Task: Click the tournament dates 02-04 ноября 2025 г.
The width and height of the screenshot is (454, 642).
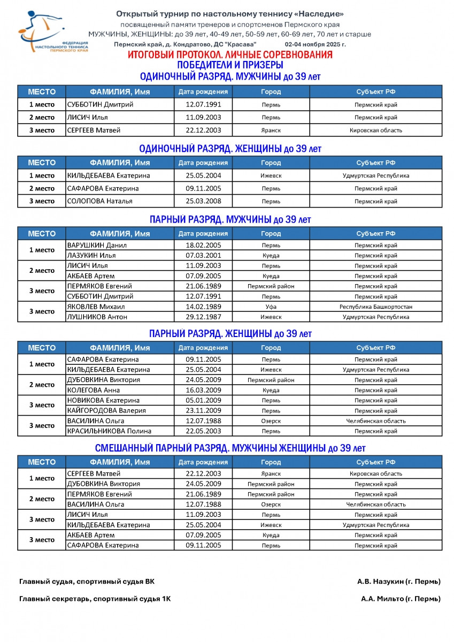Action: coord(315,44)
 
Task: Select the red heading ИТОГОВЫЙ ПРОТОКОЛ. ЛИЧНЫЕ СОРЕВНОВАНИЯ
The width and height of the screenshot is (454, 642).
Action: coord(230,55)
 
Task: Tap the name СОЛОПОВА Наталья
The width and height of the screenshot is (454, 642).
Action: coord(100,201)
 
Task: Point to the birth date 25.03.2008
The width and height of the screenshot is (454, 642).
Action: coord(203,201)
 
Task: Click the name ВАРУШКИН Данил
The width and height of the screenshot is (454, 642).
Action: coord(97,246)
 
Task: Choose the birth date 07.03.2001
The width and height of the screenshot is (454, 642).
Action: coord(203,256)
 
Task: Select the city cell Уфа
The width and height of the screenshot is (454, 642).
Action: coord(271,307)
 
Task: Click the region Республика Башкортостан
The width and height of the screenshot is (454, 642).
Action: coord(375,307)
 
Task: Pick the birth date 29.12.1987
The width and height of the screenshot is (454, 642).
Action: coord(203,317)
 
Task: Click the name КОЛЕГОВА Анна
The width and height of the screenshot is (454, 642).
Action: coord(94,390)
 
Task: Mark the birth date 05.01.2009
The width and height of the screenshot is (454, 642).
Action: coord(203,400)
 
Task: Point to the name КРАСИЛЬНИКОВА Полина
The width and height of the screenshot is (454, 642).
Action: coord(109,431)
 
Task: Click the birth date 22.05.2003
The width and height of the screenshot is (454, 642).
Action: coord(203,431)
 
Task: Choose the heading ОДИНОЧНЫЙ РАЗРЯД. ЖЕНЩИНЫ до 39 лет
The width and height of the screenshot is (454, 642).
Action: coord(230,149)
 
